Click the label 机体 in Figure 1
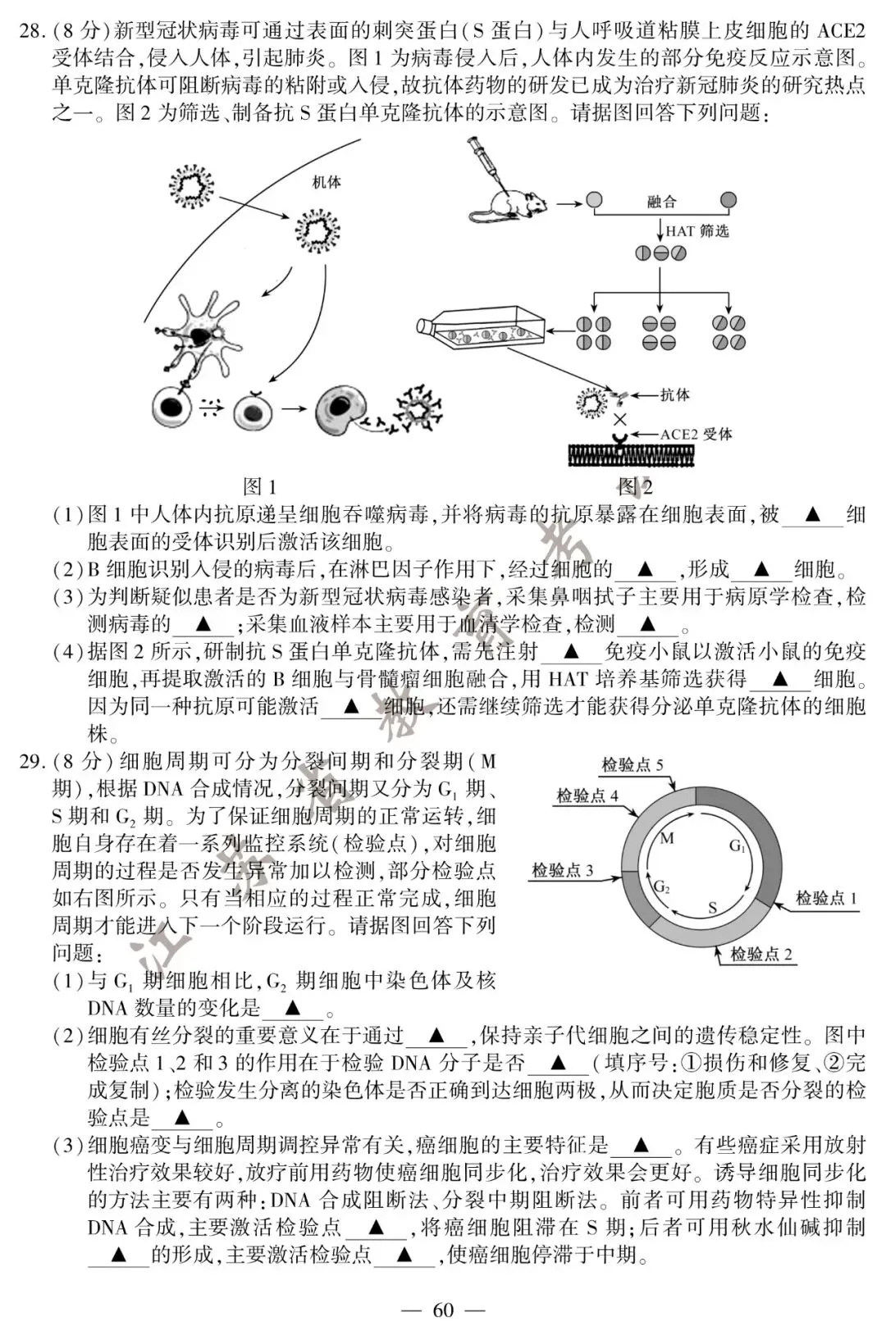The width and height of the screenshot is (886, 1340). coord(326,182)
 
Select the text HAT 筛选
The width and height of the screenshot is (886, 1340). coord(696,231)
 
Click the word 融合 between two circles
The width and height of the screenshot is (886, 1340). coord(661,202)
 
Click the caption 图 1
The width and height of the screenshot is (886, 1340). coord(260,486)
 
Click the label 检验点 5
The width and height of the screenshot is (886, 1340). coord(633,765)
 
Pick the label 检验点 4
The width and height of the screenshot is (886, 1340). coord(587,795)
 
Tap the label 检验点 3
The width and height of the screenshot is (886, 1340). coord(562,870)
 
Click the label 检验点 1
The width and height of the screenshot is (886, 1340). coord(826,898)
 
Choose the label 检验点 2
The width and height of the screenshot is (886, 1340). coord(761,954)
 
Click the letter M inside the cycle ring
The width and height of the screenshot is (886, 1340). coord(666,837)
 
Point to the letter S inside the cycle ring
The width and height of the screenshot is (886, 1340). coord(712,908)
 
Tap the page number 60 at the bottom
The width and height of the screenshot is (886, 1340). coord(443,1310)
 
